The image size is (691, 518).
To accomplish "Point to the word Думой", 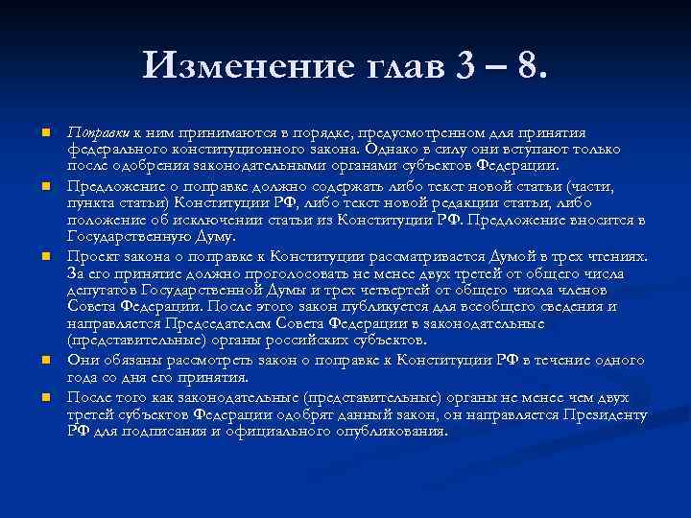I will pyautogui.click(x=514, y=257).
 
